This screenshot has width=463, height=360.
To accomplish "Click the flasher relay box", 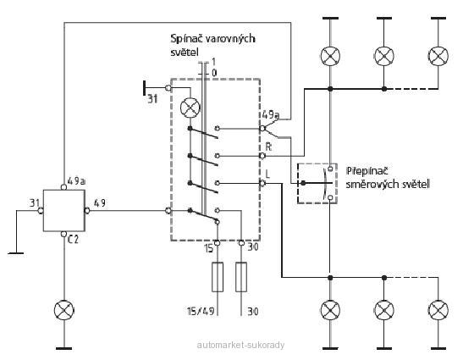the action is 64,210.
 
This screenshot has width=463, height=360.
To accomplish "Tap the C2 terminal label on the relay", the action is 74,239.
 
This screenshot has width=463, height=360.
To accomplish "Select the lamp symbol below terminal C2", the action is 64,310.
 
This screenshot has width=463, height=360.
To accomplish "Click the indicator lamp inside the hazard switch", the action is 190,108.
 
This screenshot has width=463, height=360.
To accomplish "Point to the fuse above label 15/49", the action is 218,277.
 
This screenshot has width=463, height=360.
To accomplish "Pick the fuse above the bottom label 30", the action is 241,277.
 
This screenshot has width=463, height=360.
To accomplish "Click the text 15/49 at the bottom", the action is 201,311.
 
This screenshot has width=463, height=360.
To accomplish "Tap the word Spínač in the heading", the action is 186,39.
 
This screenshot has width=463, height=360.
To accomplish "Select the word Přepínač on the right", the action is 367,171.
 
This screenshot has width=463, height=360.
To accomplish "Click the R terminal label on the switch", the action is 268,147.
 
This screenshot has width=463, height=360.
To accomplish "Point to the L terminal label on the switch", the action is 267,174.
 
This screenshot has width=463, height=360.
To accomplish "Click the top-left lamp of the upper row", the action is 330,56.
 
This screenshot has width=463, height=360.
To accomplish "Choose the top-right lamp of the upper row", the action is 438,56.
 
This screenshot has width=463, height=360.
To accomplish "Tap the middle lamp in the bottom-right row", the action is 384,310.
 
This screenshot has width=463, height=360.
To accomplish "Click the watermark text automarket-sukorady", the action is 240,345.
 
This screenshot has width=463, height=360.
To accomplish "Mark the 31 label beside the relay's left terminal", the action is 35,203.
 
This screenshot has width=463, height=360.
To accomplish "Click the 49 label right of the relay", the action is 100,203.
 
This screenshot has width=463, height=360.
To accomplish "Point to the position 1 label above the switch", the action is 214,62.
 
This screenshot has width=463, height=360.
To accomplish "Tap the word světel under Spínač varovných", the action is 184,53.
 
